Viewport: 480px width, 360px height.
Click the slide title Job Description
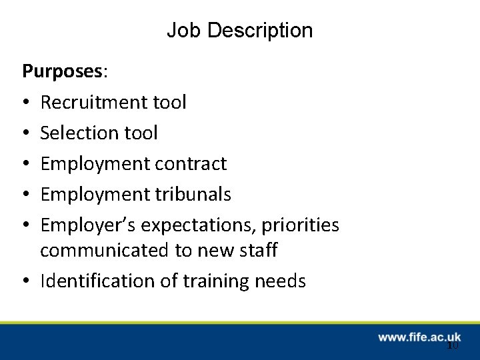click(x=239, y=31)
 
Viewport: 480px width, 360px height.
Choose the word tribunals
click(x=194, y=194)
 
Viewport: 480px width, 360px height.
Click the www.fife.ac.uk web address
click(x=419, y=338)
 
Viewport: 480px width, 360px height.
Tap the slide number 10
click(x=453, y=345)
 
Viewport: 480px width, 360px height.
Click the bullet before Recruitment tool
click(x=25, y=103)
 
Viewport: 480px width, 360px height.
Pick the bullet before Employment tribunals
click(x=25, y=195)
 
